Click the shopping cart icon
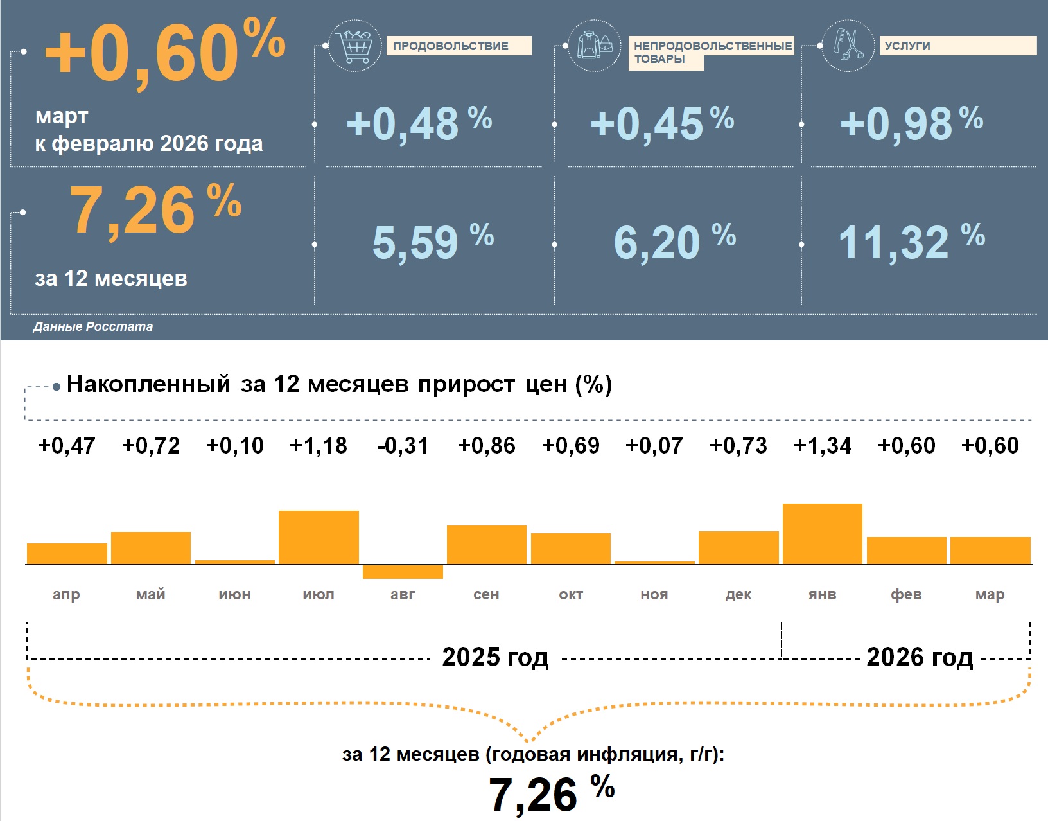click(354, 46)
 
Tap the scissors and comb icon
click(848, 46)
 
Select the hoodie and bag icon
click(595, 46)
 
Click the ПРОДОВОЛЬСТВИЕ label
click(451, 46)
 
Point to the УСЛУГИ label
click(907, 46)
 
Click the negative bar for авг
click(403, 572)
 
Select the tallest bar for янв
click(822, 534)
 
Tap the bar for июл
click(319, 537)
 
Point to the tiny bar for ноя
click(654, 563)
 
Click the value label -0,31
click(403, 446)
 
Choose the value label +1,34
click(822, 446)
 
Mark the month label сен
click(486, 595)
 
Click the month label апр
click(67, 595)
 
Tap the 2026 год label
click(919, 658)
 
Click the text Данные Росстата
click(93, 327)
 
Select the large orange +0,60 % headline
click(164, 53)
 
